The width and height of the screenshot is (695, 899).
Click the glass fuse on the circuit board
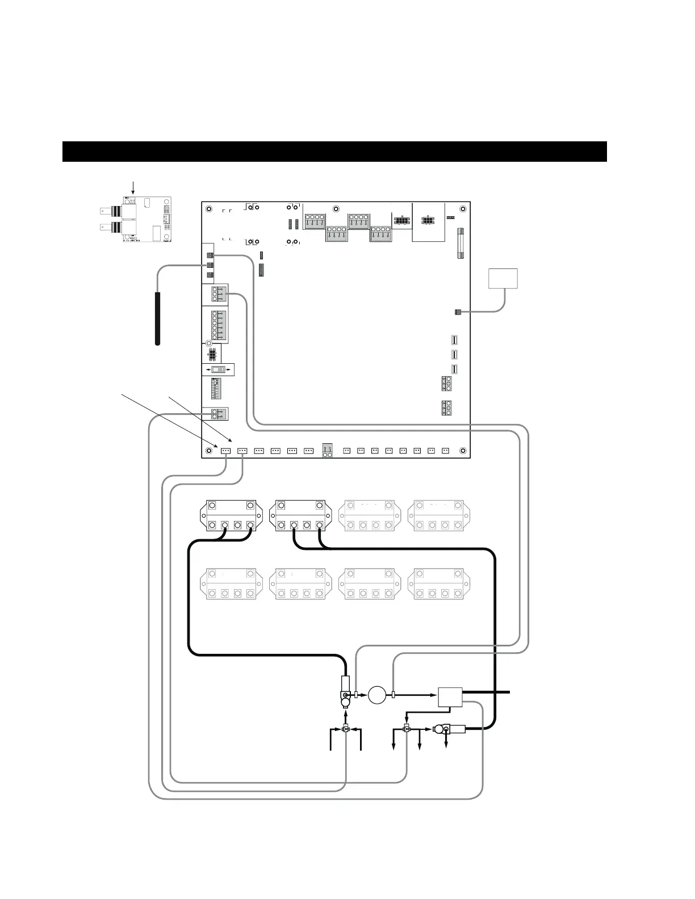point(461,242)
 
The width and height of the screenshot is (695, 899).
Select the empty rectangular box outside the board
point(503,279)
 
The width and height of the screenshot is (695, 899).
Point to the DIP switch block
point(216,389)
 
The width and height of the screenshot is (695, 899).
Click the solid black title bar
point(334,152)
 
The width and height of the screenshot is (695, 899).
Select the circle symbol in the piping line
point(376,695)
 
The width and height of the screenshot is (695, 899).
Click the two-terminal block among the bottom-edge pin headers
point(328,451)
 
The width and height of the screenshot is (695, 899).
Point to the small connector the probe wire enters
point(210,265)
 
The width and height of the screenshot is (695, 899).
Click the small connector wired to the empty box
point(458,312)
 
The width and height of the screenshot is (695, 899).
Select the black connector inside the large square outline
point(428,220)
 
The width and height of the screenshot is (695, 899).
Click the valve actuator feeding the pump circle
point(345,690)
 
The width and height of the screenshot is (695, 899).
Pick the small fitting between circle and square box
point(393,695)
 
